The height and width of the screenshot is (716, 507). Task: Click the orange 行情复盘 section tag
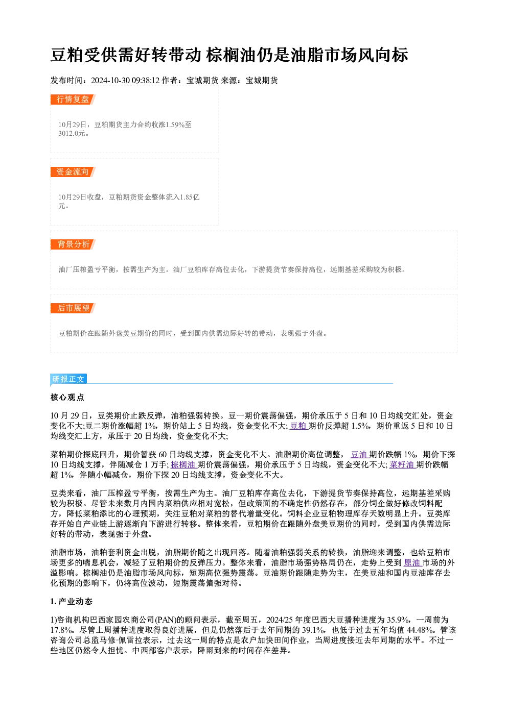click(x=73, y=100)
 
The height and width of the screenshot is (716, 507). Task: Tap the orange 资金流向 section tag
click(x=73, y=172)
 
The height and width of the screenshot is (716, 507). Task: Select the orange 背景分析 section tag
click(x=73, y=244)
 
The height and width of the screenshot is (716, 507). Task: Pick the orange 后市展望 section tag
click(x=73, y=308)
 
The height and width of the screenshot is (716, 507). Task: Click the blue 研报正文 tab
click(x=68, y=379)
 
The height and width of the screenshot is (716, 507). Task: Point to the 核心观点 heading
click(x=67, y=398)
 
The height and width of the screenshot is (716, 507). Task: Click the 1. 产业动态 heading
click(x=72, y=602)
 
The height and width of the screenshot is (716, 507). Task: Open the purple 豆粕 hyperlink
click(x=298, y=426)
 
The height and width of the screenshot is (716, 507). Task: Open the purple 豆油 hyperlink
click(x=359, y=455)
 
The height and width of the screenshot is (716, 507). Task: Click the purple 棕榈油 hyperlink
click(x=183, y=465)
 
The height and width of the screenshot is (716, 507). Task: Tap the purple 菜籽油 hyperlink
click(x=402, y=465)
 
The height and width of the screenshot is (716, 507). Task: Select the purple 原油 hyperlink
click(x=412, y=562)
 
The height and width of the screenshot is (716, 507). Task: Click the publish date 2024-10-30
click(x=110, y=81)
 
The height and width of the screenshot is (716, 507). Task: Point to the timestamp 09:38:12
click(x=146, y=81)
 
